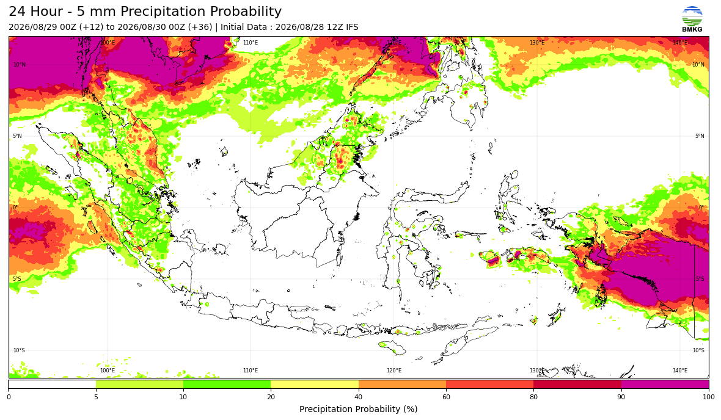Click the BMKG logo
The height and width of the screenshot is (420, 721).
point(692,20)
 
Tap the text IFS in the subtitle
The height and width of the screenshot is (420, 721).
point(352,27)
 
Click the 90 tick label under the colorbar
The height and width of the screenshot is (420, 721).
point(621,397)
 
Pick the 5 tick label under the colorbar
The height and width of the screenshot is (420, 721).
point(96,397)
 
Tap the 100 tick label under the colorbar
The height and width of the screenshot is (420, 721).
point(709,397)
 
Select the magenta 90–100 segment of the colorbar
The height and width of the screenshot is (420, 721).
point(665,385)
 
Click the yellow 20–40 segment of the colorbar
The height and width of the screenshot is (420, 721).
point(315,385)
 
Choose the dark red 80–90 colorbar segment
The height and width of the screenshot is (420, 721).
point(577,385)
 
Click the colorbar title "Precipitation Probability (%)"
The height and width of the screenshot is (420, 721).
point(358,409)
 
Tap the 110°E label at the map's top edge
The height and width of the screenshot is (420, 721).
point(251,43)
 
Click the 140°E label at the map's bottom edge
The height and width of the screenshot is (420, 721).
point(680,371)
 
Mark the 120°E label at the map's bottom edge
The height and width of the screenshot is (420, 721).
point(394,371)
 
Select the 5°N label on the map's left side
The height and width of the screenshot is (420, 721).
point(17,136)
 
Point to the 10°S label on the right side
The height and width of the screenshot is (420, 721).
point(698,350)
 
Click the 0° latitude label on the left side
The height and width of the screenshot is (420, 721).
point(15,208)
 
